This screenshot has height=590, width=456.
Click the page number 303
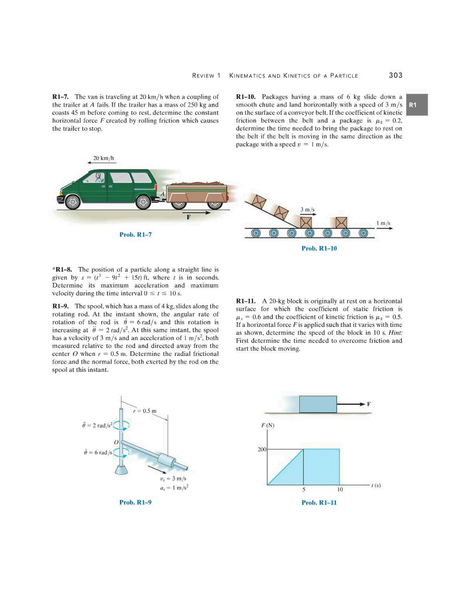395,75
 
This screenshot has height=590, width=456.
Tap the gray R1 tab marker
417,105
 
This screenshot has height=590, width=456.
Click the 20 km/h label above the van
104,158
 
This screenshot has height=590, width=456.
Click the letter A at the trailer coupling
163,194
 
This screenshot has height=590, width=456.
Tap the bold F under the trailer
189,217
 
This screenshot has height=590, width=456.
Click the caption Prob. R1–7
135,234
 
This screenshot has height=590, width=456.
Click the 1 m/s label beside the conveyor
383,223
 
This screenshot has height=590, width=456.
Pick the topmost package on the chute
259,201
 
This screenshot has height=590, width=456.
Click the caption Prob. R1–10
319,248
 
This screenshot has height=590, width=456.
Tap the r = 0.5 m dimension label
145,411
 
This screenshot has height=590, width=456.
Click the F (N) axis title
268,425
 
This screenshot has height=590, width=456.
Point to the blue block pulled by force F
318,404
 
